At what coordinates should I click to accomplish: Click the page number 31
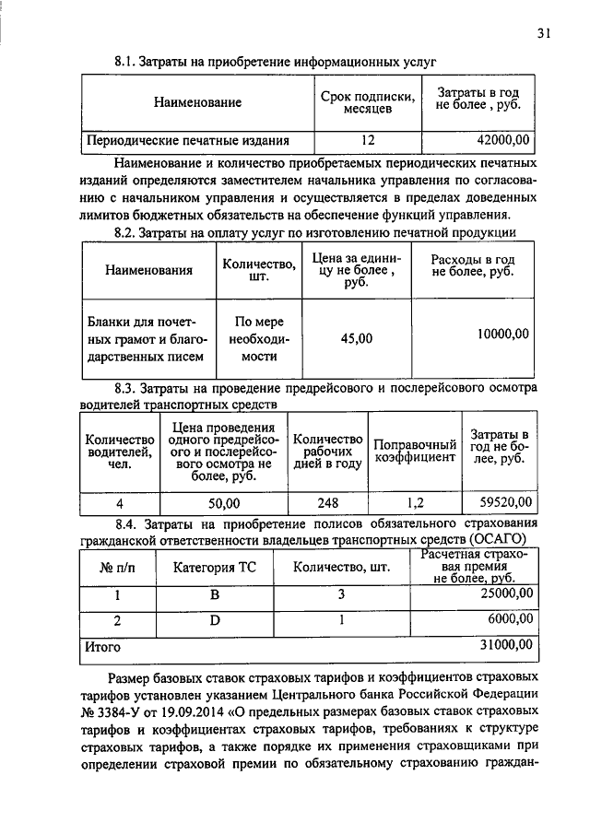coord(543,34)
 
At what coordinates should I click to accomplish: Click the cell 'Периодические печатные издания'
coord(188,141)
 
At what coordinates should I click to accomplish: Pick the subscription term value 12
coord(368,141)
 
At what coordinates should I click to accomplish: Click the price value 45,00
coord(357,338)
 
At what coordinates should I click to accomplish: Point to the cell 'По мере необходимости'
coord(259,338)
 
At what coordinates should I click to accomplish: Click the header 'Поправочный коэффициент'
coord(415,451)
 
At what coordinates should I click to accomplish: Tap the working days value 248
coord(327,503)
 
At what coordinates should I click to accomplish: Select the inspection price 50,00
coord(223,503)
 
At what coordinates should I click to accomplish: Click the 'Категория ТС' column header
coord(215,567)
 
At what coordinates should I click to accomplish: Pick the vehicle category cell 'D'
coord(215,620)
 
